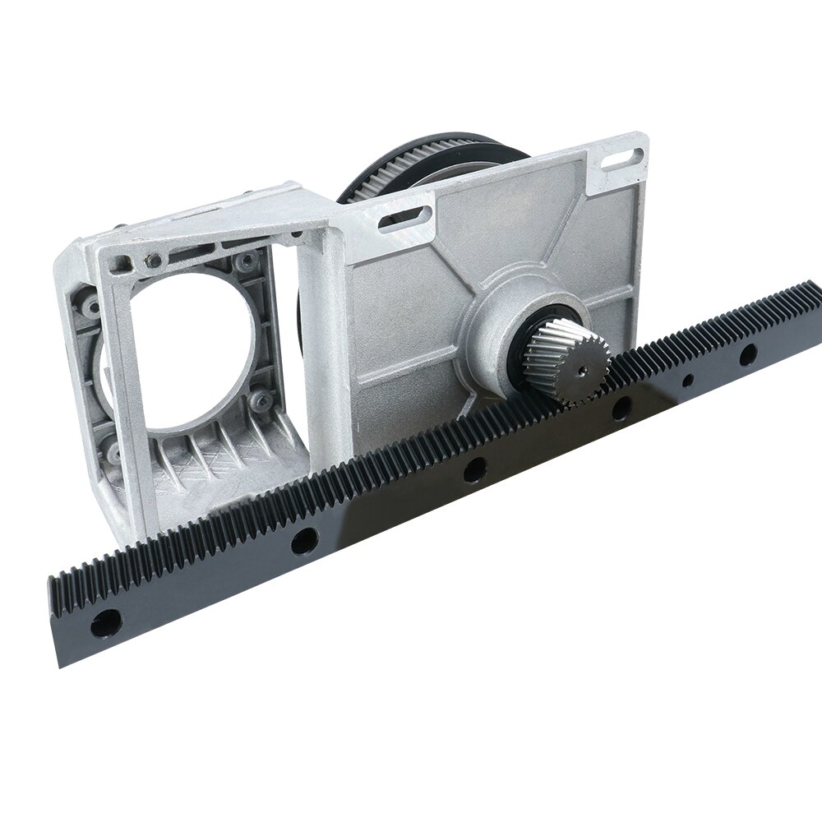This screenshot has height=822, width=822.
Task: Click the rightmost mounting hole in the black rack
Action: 747,355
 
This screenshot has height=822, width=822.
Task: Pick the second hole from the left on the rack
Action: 304,540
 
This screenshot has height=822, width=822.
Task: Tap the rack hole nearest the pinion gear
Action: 622,408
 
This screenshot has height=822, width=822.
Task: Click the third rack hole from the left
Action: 473,471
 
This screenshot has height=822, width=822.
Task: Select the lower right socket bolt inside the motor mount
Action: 261,400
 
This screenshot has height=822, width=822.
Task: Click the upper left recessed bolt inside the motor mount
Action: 153,261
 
